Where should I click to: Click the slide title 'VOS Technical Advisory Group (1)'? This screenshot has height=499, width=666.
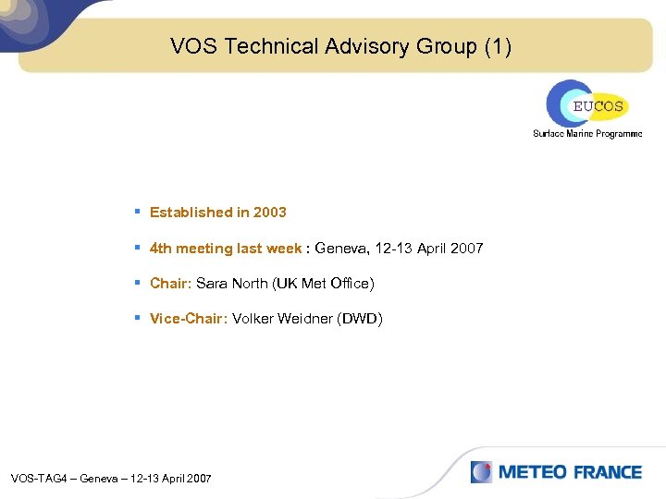[x=340, y=46]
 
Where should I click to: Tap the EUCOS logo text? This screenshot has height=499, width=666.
[x=598, y=106]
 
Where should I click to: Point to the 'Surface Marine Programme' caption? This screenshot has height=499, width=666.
[x=586, y=134]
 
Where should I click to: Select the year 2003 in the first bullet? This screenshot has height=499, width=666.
[x=270, y=213]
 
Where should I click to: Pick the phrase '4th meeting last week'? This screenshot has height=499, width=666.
[x=226, y=249]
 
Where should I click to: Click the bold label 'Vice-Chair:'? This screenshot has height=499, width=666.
[x=189, y=319]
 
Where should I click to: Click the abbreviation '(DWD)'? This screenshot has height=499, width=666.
[x=361, y=319]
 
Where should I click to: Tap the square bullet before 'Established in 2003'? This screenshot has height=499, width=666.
[x=137, y=212]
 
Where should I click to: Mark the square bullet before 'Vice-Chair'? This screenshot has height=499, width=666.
[x=137, y=318]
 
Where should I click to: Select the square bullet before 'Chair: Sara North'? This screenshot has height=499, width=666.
[x=137, y=283]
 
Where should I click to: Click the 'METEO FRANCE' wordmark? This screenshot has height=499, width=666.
[x=570, y=472]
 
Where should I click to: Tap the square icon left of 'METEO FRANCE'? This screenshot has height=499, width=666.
[x=481, y=472]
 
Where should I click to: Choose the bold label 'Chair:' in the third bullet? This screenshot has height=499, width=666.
[x=170, y=284]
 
